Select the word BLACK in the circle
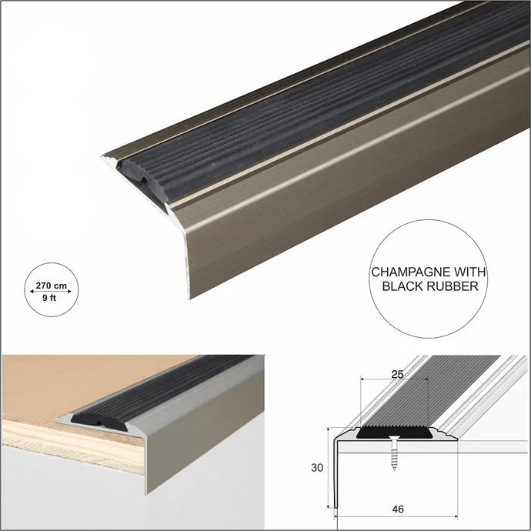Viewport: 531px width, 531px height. [x=402, y=286]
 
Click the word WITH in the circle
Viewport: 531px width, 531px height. [x=469, y=272]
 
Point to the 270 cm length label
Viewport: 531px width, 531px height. [x=52, y=286]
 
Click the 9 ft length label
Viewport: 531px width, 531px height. [x=49, y=298]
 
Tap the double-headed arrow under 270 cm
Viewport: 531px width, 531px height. [x=51, y=291]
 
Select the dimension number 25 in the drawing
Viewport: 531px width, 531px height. [x=397, y=374]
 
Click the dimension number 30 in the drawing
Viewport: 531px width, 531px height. [x=317, y=468]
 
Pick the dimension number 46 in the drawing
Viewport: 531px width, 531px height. [x=398, y=509]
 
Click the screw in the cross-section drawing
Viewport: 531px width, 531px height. [x=393, y=453]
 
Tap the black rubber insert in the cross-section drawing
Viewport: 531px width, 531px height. [x=395, y=433]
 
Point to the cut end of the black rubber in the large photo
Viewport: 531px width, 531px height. [x=145, y=181]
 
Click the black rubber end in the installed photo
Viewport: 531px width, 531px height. [x=99, y=422]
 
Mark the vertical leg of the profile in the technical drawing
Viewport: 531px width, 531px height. [x=336, y=474]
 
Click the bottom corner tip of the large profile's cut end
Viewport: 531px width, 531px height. [x=189, y=299]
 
